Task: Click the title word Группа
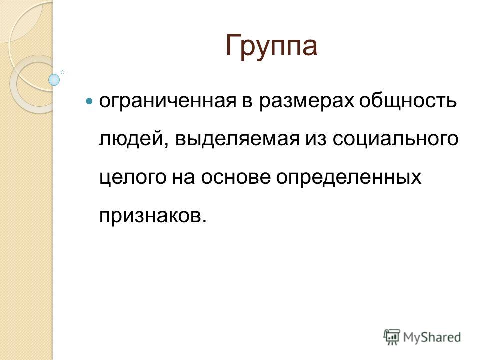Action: tap(271, 47)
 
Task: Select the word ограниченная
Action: tap(168, 101)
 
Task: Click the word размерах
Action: tap(306, 101)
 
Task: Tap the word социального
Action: tap(396, 139)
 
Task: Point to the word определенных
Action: tap(349, 178)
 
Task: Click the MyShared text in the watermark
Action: tap(432, 337)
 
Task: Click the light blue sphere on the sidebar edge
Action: tap(54, 80)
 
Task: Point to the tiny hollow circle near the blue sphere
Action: tap(63, 72)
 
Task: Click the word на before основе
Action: tap(183, 178)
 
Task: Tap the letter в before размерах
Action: tap(248, 101)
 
